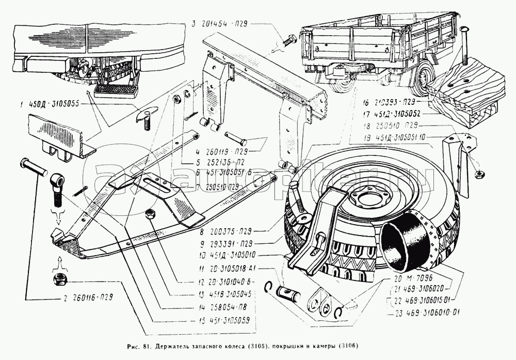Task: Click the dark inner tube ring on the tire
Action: tap(406, 243)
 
